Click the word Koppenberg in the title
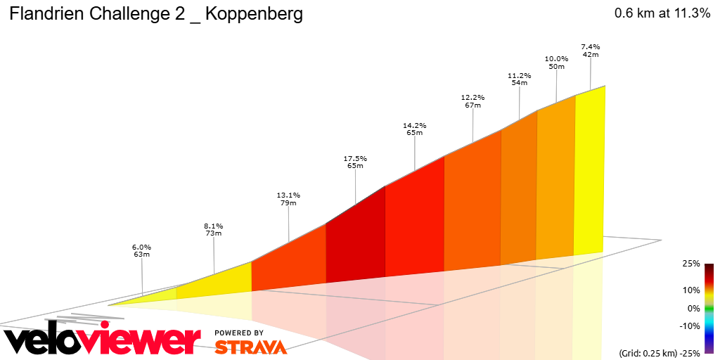(255, 15)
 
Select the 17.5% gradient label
(355, 158)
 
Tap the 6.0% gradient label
(141, 247)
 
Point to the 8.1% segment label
(214, 226)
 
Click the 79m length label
(288, 203)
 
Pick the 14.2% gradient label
(414, 125)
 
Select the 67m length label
(472, 105)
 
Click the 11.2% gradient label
(519, 75)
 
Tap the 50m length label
(556, 66)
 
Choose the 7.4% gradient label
(590, 46)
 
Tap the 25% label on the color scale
(690, 264)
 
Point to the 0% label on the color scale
(693, 308)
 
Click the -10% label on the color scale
(690, 326)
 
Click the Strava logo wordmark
(250, 347)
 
